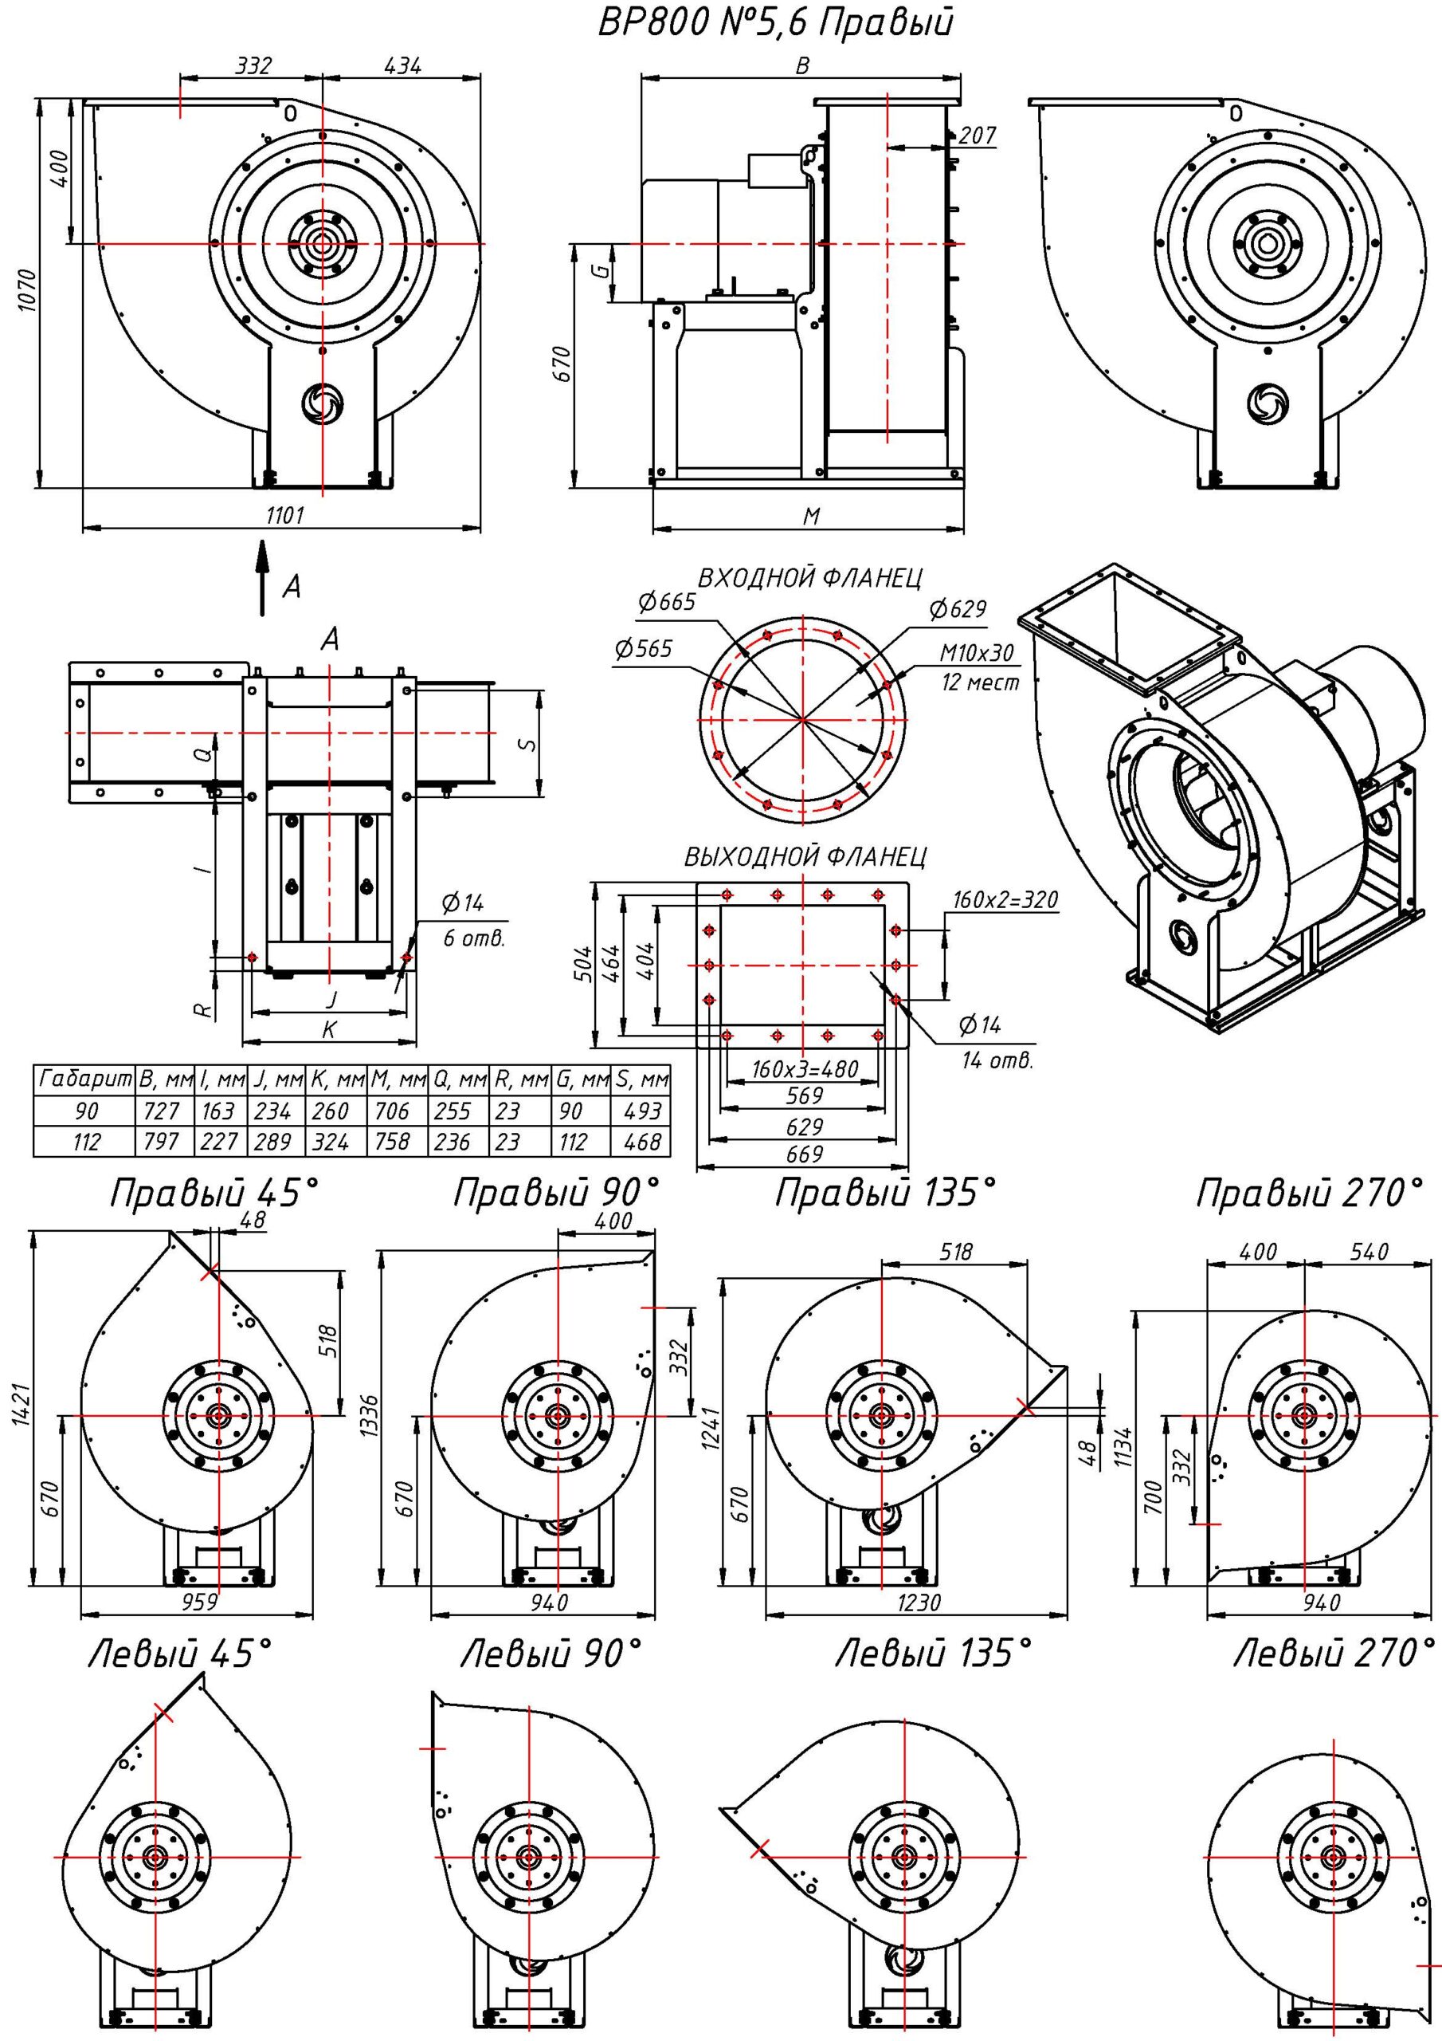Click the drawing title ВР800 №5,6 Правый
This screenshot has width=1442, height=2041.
(x=774, y=24)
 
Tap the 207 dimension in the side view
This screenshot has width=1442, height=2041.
(x=978, y=135)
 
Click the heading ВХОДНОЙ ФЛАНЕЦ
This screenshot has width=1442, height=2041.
(x=809, y=578)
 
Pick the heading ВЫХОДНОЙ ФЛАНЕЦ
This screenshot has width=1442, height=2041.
(x=805, y=857)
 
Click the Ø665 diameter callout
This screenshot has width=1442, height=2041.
(x=666, y=603)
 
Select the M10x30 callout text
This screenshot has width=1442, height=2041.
(x=977, y=654)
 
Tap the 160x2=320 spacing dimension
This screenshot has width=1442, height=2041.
(x=1005, y=899)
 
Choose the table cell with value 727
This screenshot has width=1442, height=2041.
(x=161, y=1111)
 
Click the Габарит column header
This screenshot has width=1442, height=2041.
(x=84, y=1080)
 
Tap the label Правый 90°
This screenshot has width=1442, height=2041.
(x=557, y=1194)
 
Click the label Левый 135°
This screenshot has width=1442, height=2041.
(x=933, y=1654)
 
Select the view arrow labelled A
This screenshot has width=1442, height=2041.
(x=262, y=578)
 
